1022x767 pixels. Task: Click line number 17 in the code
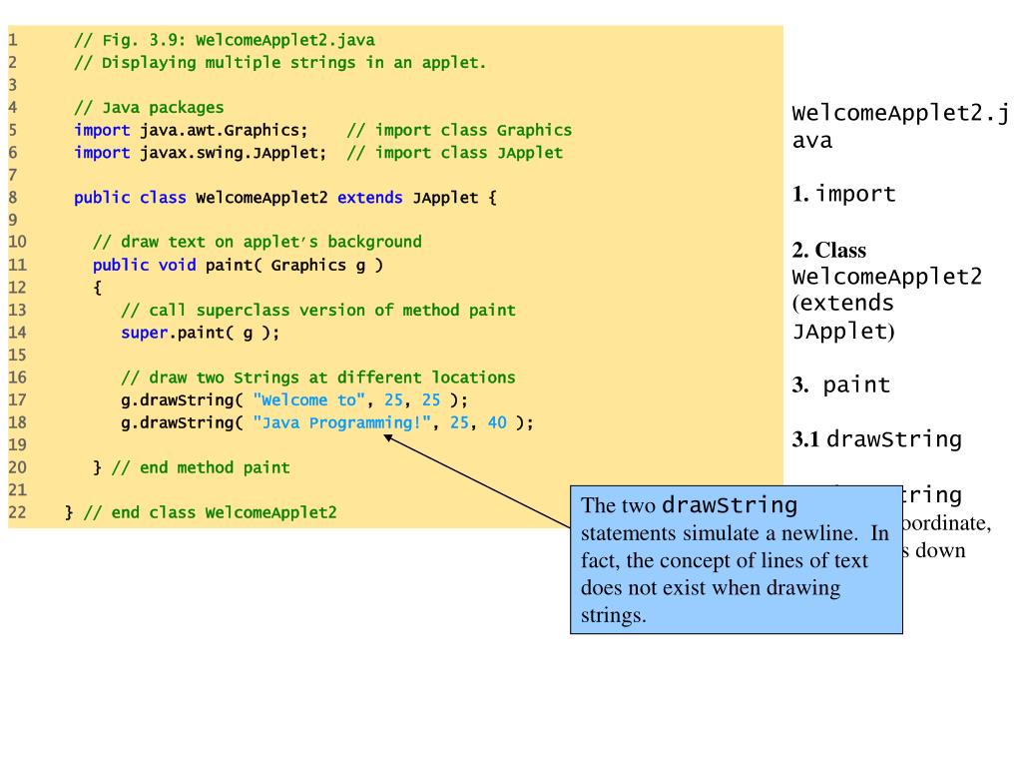[17, 400]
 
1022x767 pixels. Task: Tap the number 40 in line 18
[497, 422]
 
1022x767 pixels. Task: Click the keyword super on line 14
[144, 333]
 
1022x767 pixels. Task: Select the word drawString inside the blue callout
[730, 504]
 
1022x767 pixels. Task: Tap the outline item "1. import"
[844, 194]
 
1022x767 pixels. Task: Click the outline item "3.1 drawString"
[876, 439]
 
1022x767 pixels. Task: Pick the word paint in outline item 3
[856, 385]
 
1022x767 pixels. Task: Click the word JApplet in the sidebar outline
[839, 331]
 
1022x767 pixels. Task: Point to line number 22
[17, 512]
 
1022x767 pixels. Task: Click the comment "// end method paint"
[201, 467]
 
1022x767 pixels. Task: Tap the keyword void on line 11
[177, 265]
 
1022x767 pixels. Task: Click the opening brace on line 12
[97, 288]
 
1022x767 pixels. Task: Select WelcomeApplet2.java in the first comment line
[285, 41]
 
